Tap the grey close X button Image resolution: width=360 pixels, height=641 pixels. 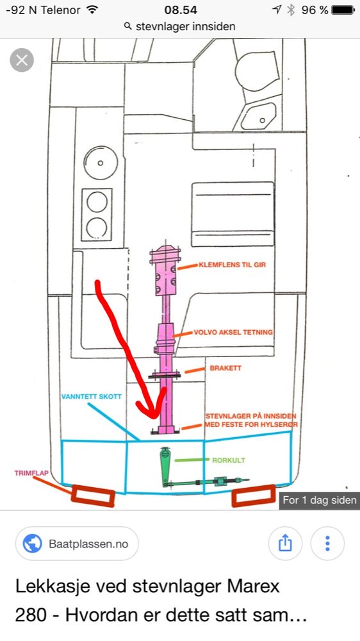[x=22, y=60]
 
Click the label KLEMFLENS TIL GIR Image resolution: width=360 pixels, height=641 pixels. [x=232, y=265]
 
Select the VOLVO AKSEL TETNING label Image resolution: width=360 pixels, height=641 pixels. [x=233, y=332]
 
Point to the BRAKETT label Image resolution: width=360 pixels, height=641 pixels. [x=225, y=368]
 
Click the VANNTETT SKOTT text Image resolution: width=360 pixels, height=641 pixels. [x=92, y=397]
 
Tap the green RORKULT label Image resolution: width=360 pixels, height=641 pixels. [x=229, y=460]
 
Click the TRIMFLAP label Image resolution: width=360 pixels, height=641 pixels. [x=31, y=473]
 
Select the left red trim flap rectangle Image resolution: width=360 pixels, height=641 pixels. [x=93, y=496]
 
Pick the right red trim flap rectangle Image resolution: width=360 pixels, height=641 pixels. [x=254, y=495]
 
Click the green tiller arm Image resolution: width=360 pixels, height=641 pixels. [x=165, y=467]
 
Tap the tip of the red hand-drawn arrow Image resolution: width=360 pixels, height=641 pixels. [x=155, y=417]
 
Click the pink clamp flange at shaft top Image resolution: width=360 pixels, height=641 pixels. [x=165, y=270]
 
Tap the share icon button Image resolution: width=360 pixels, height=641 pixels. [x=285, y=544]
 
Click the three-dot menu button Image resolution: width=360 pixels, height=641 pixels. [x=327, y=544]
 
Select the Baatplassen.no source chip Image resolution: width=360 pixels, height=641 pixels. [x=78, y=544]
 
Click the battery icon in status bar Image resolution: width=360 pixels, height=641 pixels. [x=343, y=10]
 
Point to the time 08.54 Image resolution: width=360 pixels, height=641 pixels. [x=181, y=10]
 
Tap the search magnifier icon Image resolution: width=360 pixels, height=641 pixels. [x=128, y=26]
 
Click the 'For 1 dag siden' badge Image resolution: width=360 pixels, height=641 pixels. [x=320, y=500]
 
